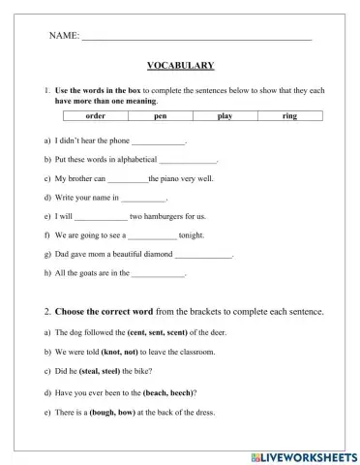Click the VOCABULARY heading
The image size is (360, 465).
click(180, 66)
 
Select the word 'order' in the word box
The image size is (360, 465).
click(95, 115)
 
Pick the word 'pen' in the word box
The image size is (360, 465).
click(161, 115)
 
